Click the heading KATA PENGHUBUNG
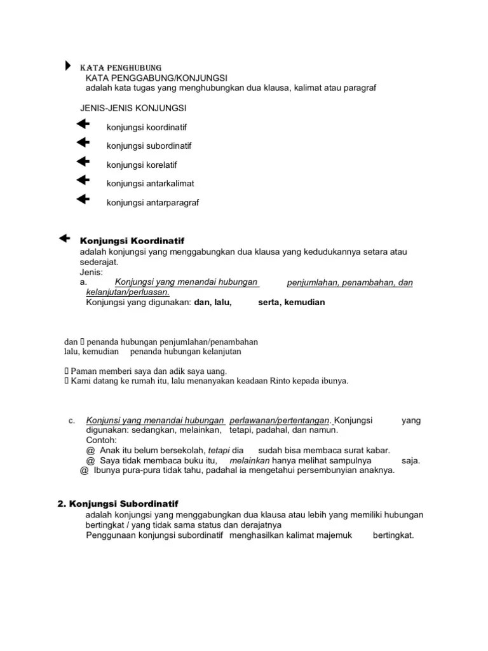click(x=120, y=67)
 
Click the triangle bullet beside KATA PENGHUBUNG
click(x=68, y=66)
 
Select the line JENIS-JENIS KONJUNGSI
click(x=133, y=108)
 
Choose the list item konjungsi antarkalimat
click(x=151, y=184)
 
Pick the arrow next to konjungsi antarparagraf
click(x=83, y=200)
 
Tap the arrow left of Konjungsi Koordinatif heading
click(x=64, y=238)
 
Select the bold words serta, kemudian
click(x=292, y=303)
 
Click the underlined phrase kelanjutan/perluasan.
click(x=127, y=292)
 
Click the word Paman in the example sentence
click(x=83, y=371)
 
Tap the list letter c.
click(x=72, y=421)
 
